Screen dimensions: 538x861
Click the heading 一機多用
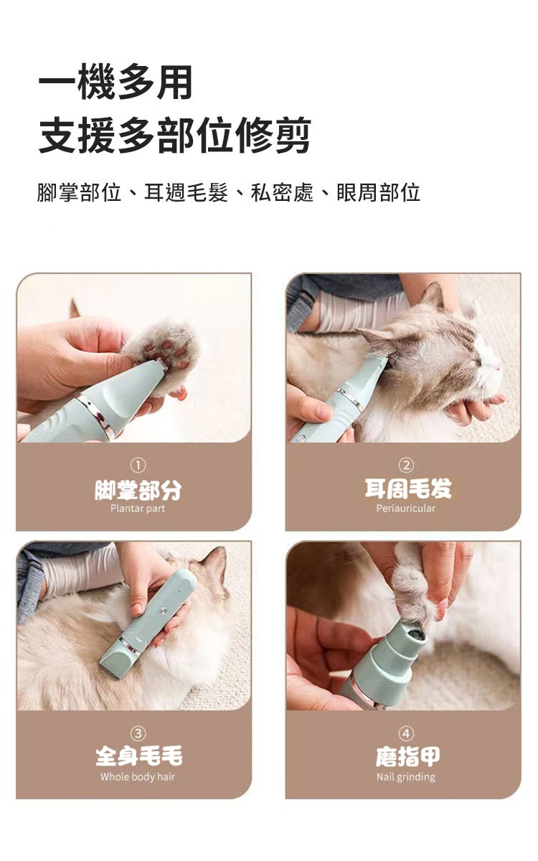[115, 83]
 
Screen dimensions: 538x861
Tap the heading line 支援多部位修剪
[175, 136]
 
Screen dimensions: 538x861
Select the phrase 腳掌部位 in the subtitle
[80, 192]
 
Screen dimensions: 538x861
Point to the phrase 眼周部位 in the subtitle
[378, 192]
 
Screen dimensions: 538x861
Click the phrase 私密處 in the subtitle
[282, 192]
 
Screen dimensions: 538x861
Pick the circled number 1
[138, 466]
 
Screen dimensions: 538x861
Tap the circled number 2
[407, 466]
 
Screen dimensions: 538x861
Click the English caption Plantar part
[138, 509]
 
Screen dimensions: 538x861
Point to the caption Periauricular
[406, 509]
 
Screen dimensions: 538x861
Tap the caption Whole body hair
[138, 777]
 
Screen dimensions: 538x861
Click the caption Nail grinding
[406, 777]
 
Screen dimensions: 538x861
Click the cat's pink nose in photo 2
[499, 368]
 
